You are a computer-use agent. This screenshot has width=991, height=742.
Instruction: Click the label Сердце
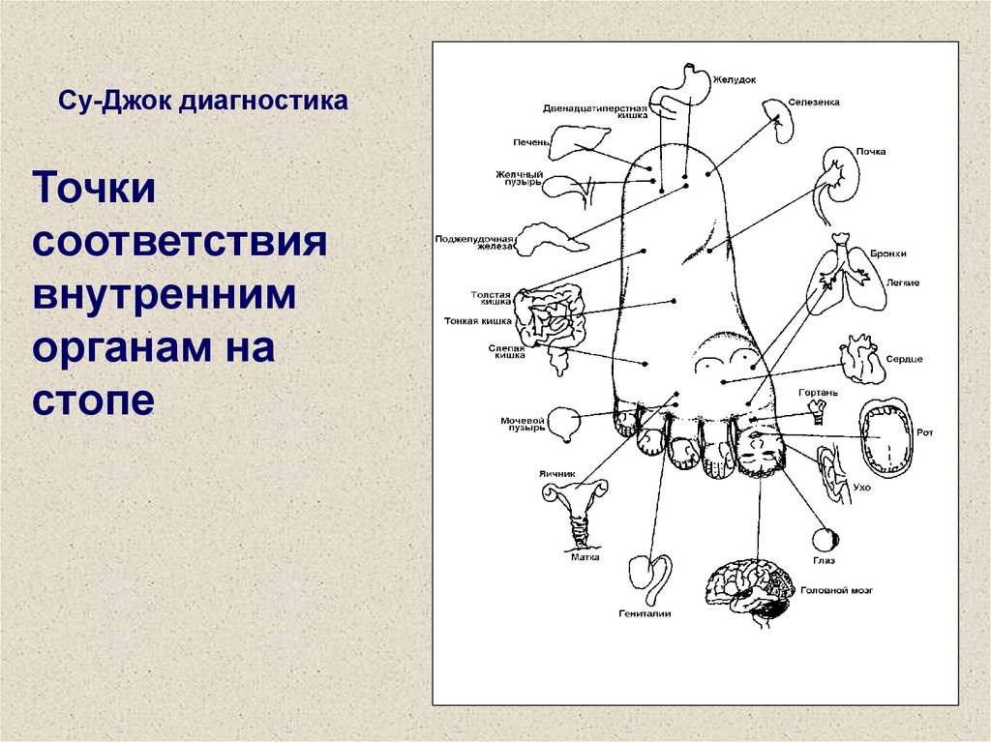tap(905, 359)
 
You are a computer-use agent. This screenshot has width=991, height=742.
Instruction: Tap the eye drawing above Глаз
tap(826, 538)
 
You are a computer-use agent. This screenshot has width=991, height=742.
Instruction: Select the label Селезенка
tap(813, 102)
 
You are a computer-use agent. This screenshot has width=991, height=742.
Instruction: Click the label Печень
tap(530, 141)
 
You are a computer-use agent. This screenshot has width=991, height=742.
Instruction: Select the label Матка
tap(585, 557)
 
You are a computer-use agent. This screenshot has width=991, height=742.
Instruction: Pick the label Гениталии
tap(645, 613)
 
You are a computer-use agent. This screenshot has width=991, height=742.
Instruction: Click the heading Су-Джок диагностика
tap(204, 101)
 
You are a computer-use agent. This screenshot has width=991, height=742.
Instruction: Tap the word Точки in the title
tap(94, 189)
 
